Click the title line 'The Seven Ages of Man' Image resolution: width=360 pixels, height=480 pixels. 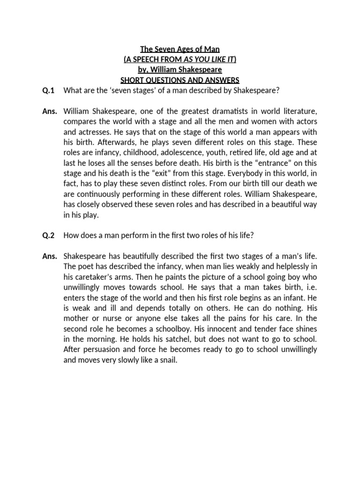(x=180, y=49)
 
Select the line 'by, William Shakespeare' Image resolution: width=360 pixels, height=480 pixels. (x=180, y=70)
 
